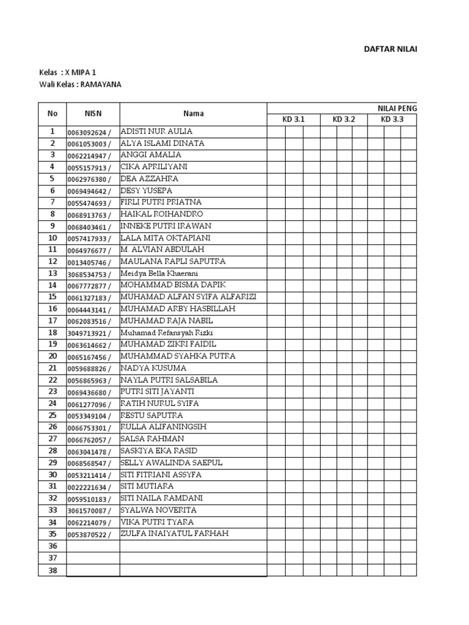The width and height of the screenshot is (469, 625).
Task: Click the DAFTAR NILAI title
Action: [x=390, y=49]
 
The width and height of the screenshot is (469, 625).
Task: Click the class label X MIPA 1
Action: [x=82, y=73]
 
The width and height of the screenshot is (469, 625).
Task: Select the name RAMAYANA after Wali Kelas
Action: [x=101, y=85]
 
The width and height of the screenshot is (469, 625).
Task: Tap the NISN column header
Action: [x=93, y=114]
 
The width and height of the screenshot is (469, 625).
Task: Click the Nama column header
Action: [x=193, y=114]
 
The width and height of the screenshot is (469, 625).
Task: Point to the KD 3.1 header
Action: [x=293, y=120]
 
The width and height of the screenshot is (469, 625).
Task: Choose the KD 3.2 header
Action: [x=343, y=120]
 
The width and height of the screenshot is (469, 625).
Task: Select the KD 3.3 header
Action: [x=392, y=120]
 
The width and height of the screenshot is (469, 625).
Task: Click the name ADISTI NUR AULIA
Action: [x=157, y=131]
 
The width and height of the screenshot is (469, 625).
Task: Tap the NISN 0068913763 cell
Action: [x=89, y=215]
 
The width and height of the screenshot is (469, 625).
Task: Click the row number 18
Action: [x=53, y=333]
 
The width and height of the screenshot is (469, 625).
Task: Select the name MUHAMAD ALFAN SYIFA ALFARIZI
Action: [x=188, y=297]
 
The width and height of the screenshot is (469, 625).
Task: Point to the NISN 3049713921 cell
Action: [x=89, y=333]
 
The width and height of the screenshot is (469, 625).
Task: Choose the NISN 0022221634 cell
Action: [x=89, y=487]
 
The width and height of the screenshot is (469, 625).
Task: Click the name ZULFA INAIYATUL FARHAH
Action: [x=174, y=534]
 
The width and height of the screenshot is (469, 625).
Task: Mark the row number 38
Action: [x=53, y=569]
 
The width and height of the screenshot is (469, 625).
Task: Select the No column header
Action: [x=53, y=114]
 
